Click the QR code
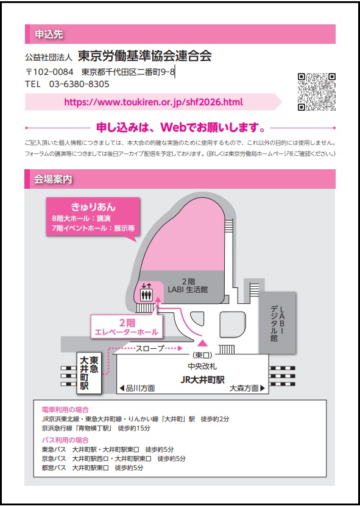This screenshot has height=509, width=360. click(x=317, y=92)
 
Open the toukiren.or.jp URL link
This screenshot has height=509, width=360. click(x=154, y=102)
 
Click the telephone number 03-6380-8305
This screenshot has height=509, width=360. click(x=79, y=84)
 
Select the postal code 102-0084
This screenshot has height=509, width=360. click(x=53, y=71)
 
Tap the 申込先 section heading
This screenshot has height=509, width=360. click(x=49, y=34)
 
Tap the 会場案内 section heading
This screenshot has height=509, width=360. click(x=53, y=179)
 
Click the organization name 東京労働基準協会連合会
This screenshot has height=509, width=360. click(x=145, y=56)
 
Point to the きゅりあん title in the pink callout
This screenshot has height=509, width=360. click(x=93, y=207)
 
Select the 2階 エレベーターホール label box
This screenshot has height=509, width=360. click(x=126, y=326)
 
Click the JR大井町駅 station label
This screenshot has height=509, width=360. click(x=202, y=379)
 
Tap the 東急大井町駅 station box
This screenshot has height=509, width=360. click(x=89, y=373)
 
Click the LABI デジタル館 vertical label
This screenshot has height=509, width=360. click(x=278, y=323)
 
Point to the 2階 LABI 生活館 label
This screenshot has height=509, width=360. click(x=188, y=286)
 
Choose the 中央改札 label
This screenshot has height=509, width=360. click(x=202, y=366)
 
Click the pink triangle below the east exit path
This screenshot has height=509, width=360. click(x=202, y=343)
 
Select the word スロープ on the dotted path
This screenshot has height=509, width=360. click(x=150, y=348)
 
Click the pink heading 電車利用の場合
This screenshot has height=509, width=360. click(x=65, y=410)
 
